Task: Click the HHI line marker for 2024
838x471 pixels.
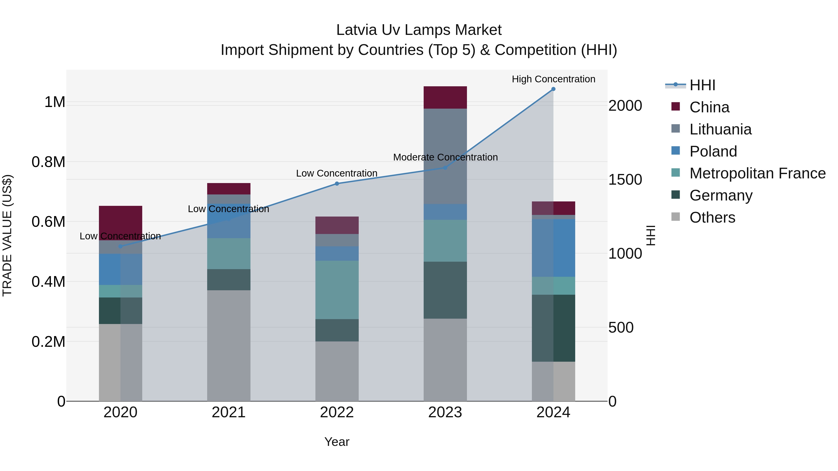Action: click(553, 89)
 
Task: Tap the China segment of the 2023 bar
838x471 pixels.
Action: click(445, 97)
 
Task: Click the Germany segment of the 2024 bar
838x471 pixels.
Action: click(553, 328)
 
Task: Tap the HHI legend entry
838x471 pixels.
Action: click(702, 85)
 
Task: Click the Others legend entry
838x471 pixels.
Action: click(712, 217)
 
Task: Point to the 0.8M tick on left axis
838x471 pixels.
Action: click(48, 162)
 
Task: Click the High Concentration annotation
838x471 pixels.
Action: click(553, 79)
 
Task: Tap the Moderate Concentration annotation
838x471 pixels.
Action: click(445, 157)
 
